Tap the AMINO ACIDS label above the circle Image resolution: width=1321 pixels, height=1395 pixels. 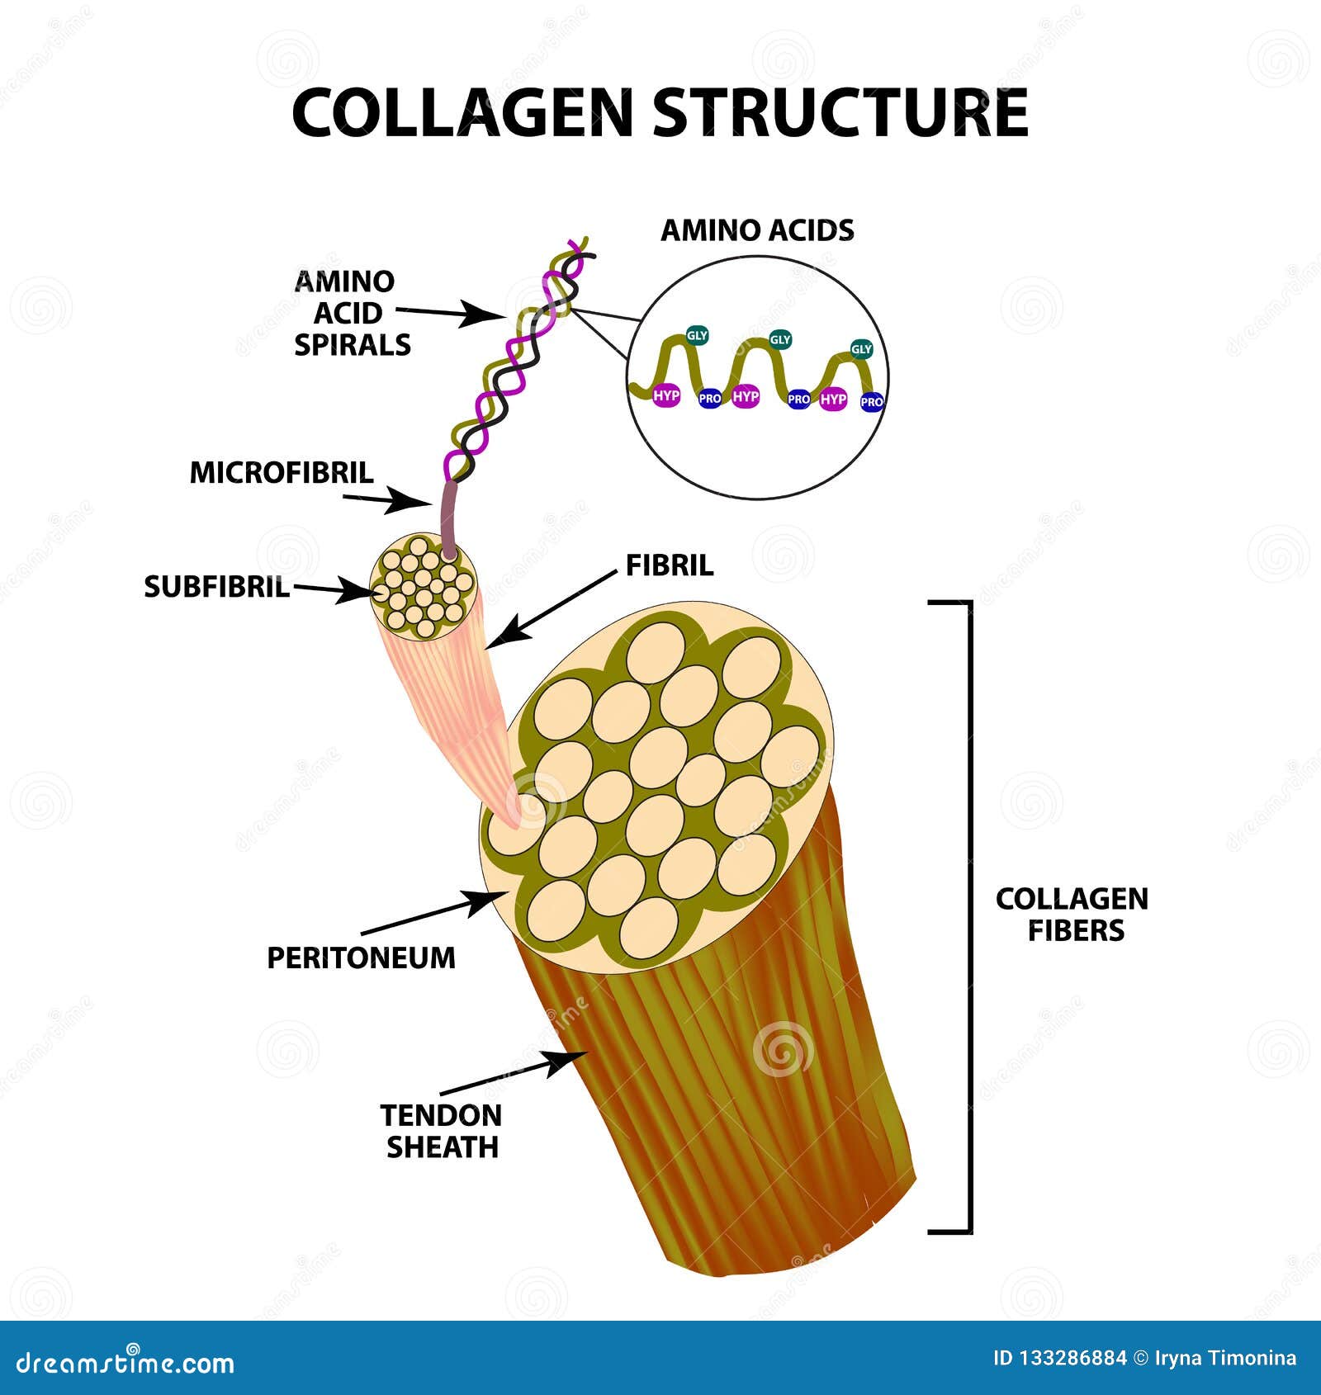pos(757,230)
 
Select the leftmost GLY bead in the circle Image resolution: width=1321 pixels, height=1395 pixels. pos(697,335)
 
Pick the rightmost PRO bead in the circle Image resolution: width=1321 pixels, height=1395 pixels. pos(872,402)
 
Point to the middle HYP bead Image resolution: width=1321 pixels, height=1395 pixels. pos(746,397)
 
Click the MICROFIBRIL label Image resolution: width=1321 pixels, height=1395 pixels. pos(282,473)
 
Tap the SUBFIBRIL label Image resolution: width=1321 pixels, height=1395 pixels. pos(216,587)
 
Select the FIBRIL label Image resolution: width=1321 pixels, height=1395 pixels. pos(669,565)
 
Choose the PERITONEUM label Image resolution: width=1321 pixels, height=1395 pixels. pos(361,958)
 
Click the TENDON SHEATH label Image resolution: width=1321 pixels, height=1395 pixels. pos(442,1131)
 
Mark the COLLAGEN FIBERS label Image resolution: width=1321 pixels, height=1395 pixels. pos(1072,915)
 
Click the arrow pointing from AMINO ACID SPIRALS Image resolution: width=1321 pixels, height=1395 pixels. pos(451,312)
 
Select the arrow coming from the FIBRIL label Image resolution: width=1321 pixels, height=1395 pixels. pos(553,610)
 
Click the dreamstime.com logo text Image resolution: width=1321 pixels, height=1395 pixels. pos(125,1362)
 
